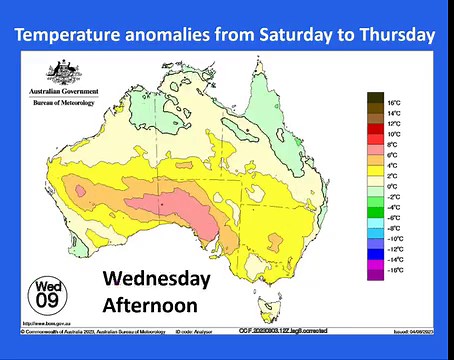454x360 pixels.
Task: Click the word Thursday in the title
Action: (x=396, y=35)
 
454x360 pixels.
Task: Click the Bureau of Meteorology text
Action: (x=64, y=102)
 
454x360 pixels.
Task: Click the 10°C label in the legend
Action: (x=393, y=133)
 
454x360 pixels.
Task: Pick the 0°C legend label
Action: (x=393, y=186)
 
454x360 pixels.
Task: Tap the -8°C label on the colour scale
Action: (x=393, y=228)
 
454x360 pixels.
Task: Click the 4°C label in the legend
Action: (x=393, y=165)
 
